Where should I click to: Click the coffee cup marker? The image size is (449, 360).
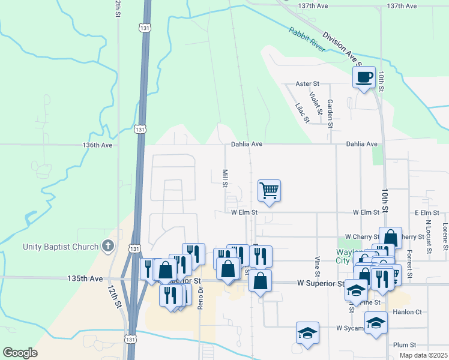coord(364,77)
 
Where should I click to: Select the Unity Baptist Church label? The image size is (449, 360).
coord(60,247)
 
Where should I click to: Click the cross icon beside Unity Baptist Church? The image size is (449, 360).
coord(108,246)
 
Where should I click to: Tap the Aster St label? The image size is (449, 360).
coord(308,84)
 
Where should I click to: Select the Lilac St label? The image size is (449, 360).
coord(302,113)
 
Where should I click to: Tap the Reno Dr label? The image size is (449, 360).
coord(201,297)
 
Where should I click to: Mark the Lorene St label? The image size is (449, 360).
coord(445,237)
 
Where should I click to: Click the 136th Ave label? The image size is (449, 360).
coord(97,145)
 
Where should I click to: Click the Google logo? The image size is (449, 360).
coord(20,353)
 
